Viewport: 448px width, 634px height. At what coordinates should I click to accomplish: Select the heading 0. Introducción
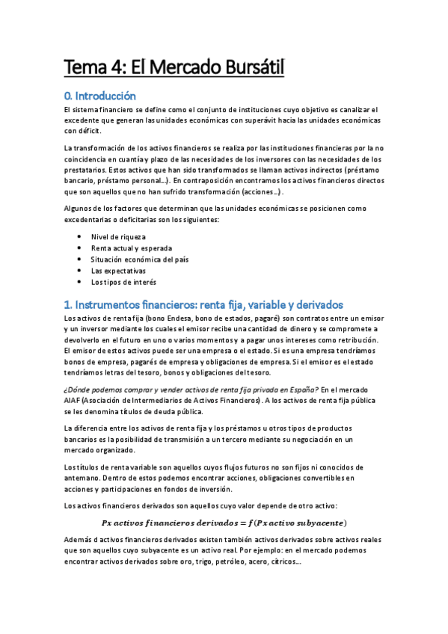(100, 96)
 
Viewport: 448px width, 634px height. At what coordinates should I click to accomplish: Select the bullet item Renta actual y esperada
(131, 247)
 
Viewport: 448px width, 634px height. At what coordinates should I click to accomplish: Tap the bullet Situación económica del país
(139, 259)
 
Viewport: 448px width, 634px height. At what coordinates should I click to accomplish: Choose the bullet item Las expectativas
(118, 270)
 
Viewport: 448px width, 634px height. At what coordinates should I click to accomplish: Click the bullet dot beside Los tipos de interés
(80, 282)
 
